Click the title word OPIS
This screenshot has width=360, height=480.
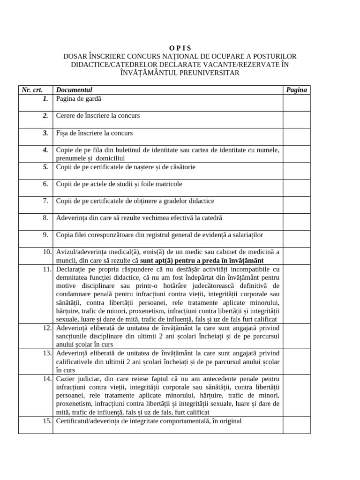click(180, 48)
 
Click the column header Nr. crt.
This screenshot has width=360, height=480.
click(35, 90)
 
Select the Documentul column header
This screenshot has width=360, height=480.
click(74, 90)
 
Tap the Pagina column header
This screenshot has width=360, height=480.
click(296, 90)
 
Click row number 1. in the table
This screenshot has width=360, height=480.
click(45, 99)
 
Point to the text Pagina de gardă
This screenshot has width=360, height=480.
click(78, 99)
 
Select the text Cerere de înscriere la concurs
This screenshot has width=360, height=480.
click(97, 116)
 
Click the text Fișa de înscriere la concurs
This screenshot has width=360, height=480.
click(94, 133)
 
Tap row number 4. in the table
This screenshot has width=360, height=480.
click(45, 150)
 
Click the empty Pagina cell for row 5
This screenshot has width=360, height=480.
click(296, 171)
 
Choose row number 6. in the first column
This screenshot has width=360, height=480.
click(45, 184)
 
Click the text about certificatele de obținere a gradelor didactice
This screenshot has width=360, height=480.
click(135, 201)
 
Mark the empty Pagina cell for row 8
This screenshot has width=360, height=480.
click(296, 222)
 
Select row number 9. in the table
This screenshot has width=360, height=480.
click(45, 235)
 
